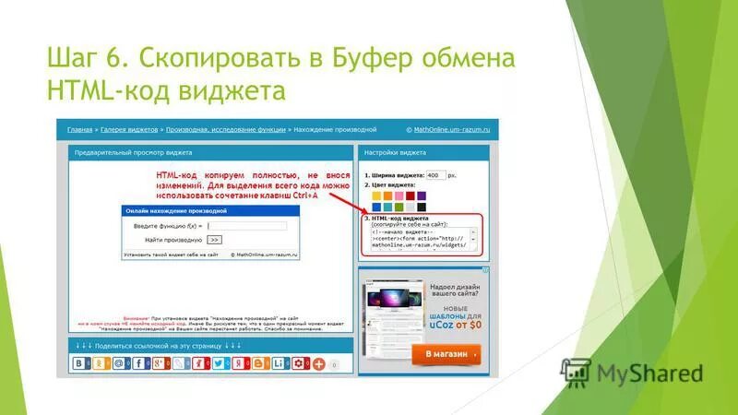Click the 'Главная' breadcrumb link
point(80,131)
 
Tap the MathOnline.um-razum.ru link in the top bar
point(452,131)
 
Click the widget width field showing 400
point(435,175)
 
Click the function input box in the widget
point(246,225)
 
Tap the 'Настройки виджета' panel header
point(395,152)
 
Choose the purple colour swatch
point(422,196)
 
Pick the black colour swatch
point(422,207)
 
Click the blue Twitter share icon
point(219,363)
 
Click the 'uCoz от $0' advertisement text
point(454,325)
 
